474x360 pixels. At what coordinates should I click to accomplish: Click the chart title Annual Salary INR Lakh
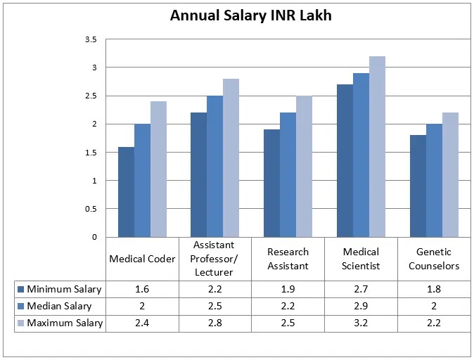[x=250, y=15]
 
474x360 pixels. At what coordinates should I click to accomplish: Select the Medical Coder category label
[x=142, y=259]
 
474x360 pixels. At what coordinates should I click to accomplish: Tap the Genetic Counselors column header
[x=434, y=259]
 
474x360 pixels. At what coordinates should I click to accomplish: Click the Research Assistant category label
[x=288, y=259]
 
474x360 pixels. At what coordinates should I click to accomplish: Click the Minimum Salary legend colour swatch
[x=20, y=289]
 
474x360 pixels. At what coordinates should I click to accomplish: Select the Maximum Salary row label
[x=65, y=323]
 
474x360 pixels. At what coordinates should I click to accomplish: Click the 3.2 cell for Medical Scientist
[x=361, y=323]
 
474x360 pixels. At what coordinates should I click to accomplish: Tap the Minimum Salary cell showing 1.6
[x=142, y=289]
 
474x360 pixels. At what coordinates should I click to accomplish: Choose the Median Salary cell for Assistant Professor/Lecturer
[x=214, y=306]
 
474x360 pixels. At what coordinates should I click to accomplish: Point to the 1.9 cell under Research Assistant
[x=288, y=289]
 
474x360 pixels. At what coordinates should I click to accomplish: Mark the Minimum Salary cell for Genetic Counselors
[x=434, y=289]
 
